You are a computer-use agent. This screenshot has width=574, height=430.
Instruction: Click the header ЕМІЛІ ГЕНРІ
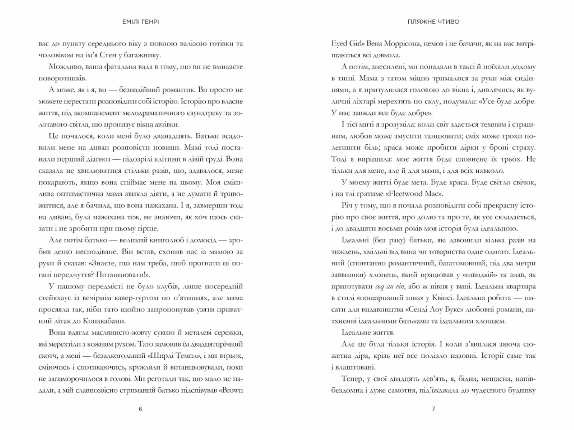141,22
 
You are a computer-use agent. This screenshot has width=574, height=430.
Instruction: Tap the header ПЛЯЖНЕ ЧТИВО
433,22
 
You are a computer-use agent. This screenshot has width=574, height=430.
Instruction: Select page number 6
141,409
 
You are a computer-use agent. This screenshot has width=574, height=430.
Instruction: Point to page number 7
433,409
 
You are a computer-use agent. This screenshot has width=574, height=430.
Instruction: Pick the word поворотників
62,78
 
